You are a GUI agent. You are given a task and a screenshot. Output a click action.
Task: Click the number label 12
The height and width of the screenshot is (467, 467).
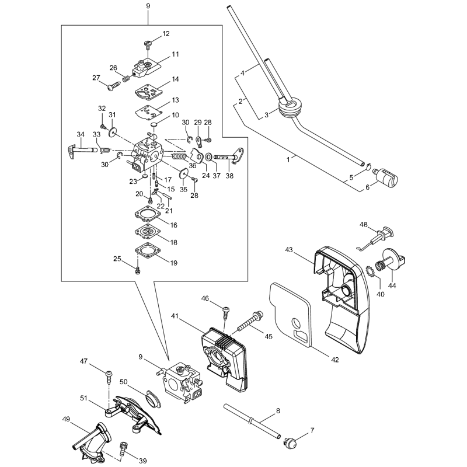pyautogui.click(x=166, y=34)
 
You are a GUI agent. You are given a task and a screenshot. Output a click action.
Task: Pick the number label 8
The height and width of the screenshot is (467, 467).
pyautogui.click(x=277, y=411)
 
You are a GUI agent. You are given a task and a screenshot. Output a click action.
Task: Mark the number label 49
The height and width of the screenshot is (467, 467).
pyautogui.click(x=66, y=419)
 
